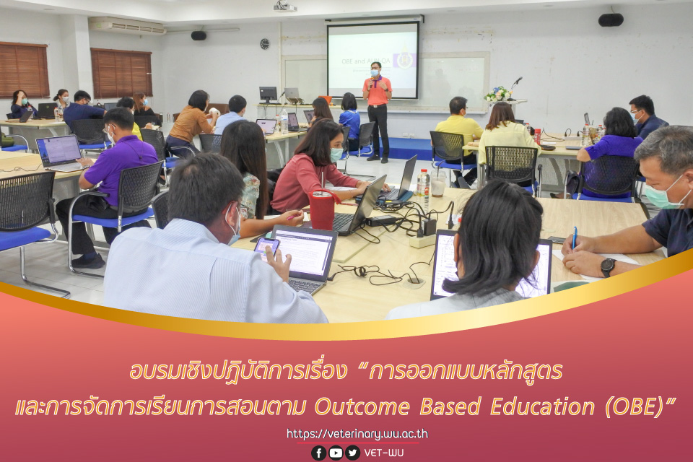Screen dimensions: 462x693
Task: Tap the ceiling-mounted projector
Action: click(x=284, y=6)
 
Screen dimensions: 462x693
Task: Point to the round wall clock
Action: click(x=265, y=43)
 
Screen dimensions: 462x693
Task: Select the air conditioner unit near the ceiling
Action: click(x=127, y=26)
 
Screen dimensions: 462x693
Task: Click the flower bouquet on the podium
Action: click(x=497, y=95)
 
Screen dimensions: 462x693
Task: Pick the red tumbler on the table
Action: click(x=321, y=210)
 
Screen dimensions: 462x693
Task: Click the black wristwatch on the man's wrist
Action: click(x=608, y=267)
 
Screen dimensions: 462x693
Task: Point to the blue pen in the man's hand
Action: click(x=575, y=237)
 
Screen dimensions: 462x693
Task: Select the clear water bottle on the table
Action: click(x=423, y=188)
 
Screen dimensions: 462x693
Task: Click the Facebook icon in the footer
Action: click(x=318, y=453)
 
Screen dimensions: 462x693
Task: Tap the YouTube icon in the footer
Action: click(x=336, y=453)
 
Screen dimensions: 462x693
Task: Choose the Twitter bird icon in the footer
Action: click(x=352, y=453)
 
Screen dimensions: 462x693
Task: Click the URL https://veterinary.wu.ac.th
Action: click(x=357, y=434)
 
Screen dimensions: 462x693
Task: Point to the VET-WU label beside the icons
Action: click(x=384, y=453)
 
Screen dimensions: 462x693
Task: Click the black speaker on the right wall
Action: click(x=610, y=19)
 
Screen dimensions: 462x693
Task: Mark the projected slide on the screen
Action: click(x=372, y=60)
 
